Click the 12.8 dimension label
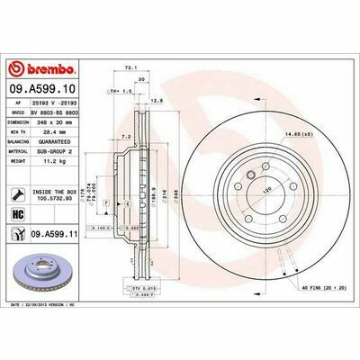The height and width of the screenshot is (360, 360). (157, 100)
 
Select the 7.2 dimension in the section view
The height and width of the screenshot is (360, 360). (128, 139)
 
